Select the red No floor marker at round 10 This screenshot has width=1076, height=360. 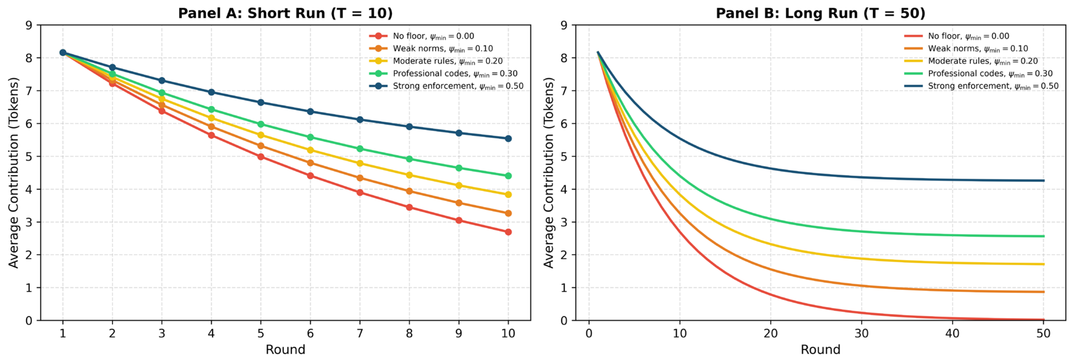click(x=508, y=232)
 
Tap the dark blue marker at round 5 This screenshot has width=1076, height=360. click(x=261, y=102)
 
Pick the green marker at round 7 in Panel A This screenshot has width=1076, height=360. click(x=360, y=149)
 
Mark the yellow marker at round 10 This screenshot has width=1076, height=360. click(x=508, y=195)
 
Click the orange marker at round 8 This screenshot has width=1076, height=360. click(x=409, y=191)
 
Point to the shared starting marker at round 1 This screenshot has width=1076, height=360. click(x=63, y=53)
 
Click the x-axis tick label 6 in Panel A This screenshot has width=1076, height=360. click(x=310, y=333)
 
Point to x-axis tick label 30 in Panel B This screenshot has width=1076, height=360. click(x=861, y=333)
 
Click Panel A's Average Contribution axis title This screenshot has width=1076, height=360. click(x=14, y=173)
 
